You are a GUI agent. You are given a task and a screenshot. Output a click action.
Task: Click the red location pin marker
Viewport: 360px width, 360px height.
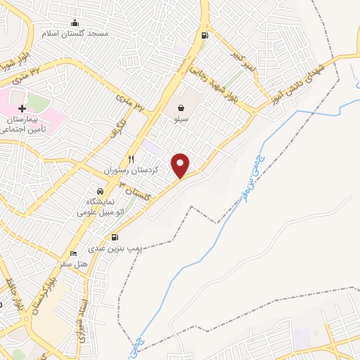pyautogui.click(x=181, y=165)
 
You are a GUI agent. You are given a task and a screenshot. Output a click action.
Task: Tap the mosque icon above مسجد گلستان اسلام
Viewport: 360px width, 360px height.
pyautogui.click(x=75, y=22)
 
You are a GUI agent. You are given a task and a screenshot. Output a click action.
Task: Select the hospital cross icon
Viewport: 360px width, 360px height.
pyautogui.click(x=22, y=109)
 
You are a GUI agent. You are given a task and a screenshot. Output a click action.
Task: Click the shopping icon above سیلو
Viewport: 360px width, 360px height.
pyautogui.click(x=181, y=108)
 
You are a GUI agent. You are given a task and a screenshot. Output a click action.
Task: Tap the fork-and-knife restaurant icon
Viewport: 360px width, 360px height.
pyautogui.click(x=131, y=159)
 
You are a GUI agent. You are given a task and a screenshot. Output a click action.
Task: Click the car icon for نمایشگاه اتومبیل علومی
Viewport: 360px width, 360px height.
pyautogui.click(x=100, y=191)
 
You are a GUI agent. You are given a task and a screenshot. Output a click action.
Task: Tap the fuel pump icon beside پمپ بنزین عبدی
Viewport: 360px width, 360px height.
pyautogui.click(x=115, y=237)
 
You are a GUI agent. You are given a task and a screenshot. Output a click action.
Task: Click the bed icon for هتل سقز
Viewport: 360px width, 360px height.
pyautogui.click(x=73, y=253)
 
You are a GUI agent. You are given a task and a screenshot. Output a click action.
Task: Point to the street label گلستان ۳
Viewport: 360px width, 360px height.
pyautogui.click(x=136, y=191)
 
